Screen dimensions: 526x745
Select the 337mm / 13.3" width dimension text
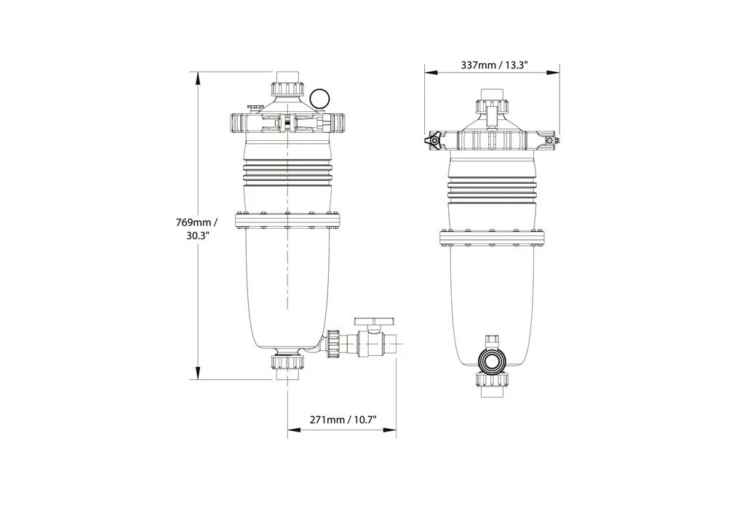pos(494,65)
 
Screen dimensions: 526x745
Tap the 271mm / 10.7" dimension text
pos(342,420)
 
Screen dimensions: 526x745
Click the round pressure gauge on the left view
pos(319,98)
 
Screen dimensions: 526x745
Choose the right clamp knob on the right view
pos(551,140)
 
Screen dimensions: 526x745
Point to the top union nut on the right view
pos(493,105)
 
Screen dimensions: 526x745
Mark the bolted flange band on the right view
pos(493,238)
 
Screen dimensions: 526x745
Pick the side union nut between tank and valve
pos(335,344)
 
